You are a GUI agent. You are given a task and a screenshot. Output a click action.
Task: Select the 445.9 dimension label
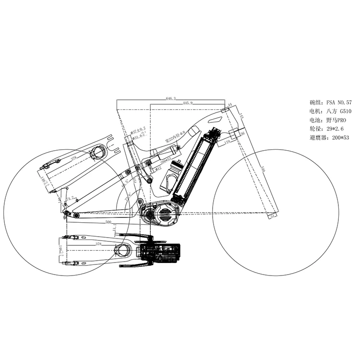188,103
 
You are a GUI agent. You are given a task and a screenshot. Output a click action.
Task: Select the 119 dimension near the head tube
228,142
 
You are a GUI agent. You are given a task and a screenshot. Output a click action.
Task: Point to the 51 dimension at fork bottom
273,217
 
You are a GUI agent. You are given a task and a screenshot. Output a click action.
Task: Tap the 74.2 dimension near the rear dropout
70,198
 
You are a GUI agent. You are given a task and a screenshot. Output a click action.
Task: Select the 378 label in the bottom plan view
99,244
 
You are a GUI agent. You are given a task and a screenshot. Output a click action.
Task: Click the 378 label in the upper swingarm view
74,157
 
